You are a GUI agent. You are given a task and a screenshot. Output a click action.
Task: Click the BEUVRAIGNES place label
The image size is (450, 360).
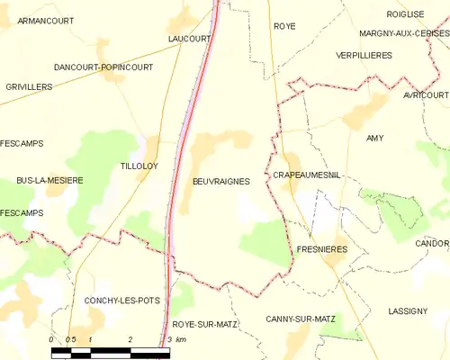tap(220, 181)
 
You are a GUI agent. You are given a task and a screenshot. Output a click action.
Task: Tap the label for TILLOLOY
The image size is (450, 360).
tap(139, 166)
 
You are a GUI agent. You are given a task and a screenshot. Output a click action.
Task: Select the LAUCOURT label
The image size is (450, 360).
tap(189, 39)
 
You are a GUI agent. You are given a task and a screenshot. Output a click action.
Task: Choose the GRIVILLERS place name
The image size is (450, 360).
tap(27, 87)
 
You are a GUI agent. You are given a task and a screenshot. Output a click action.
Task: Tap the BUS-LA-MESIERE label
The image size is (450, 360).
tap(49, 180)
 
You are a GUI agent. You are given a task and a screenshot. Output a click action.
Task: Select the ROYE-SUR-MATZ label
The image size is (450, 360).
tap(203, 323)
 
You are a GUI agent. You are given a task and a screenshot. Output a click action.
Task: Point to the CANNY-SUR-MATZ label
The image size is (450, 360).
tap(301, 319)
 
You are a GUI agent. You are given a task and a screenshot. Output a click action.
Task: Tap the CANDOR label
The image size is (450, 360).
tap(432, 244)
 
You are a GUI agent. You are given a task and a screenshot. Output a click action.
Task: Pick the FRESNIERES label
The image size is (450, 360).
tap(321, 248)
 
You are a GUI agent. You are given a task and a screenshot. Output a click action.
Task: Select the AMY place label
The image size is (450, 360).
tap(374, 138)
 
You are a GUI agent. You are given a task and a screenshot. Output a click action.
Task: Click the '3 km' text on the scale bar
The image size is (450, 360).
tap(176, 339)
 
